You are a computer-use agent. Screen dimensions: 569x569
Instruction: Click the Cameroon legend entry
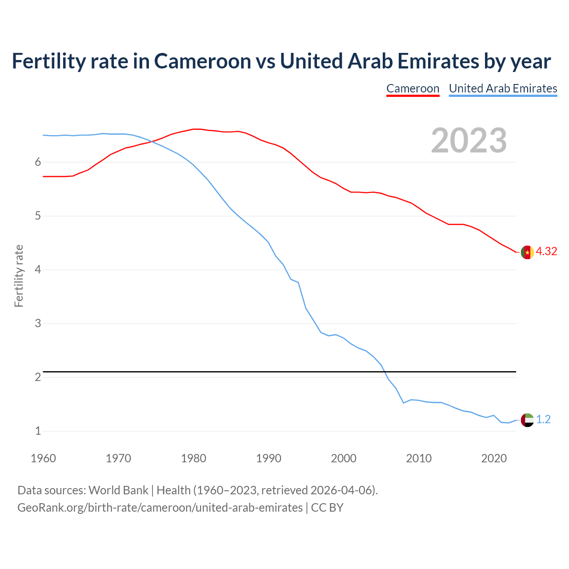click(413, 88)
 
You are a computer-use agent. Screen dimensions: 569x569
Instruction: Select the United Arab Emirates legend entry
click(503, 88)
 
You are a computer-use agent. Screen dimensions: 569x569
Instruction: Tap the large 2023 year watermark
click(469, 140)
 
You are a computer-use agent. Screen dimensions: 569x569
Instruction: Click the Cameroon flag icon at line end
click(527, 252)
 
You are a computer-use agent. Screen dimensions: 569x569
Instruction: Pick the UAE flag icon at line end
click(527, 420)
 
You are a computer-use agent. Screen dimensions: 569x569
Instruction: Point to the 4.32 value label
click(546, 252)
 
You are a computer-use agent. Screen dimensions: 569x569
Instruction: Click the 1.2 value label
click(543, 420)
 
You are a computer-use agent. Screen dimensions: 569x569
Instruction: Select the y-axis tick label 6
click(38, 162)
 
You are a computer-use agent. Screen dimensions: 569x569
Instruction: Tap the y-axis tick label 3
click(38, 324)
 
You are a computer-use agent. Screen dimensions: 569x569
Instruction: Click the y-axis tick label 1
click(38, 431)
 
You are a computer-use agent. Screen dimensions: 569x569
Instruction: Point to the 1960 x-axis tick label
click(43, 458)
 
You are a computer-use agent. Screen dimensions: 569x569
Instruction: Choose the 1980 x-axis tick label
click(193, 458)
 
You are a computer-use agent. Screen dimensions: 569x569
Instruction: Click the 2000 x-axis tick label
click(344, 458)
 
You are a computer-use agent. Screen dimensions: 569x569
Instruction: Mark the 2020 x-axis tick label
click(494, 458)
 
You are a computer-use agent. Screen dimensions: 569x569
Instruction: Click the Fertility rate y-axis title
click(19, 276)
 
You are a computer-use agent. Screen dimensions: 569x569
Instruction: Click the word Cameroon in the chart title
click(202, 61)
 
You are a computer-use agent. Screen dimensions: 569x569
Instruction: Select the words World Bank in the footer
click(118, 490)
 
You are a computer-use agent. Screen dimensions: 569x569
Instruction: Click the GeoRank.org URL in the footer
click(160, 508)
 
